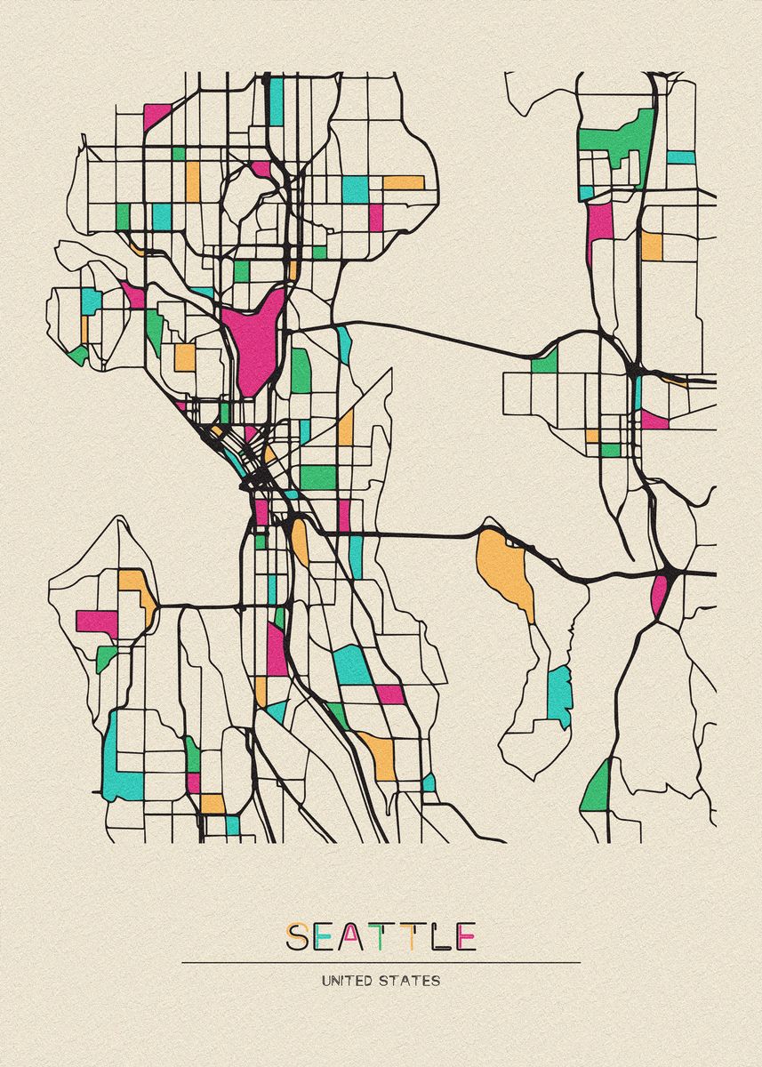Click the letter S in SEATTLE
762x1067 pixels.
coord(298,936)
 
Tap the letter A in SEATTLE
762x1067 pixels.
coord(353,936)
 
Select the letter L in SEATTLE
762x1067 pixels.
coord(438,936)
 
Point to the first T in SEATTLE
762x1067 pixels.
coord(381,936)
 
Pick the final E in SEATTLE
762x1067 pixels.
coord(466,936)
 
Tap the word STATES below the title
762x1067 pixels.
coord(410,982)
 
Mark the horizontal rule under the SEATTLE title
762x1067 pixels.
coord(381,962)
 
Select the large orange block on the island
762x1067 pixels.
coord(504,569)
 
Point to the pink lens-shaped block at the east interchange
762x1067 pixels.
coord(659,595)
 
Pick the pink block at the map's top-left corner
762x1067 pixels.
coord(156,116)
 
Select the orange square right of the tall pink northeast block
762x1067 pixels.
coord(652,245)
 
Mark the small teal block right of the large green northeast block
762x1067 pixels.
coord(680,157)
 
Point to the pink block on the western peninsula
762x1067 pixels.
coord(96,621)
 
